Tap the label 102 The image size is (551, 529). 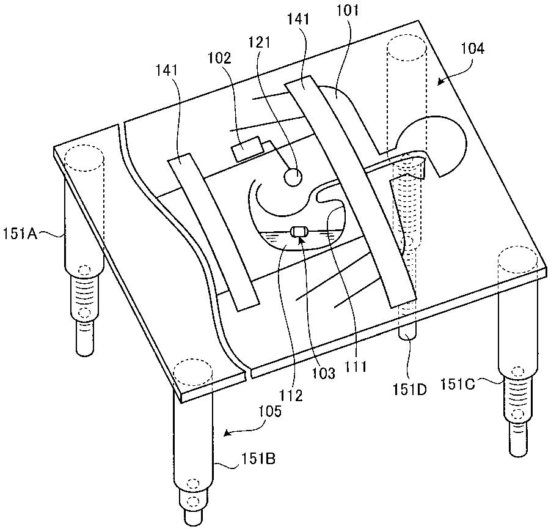click(x=219, y=59)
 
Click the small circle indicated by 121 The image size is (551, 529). click(x=293, y=177)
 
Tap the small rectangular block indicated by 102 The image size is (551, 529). click(x=246, y=150)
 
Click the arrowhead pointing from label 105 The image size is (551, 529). click(x=227, y=434)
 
